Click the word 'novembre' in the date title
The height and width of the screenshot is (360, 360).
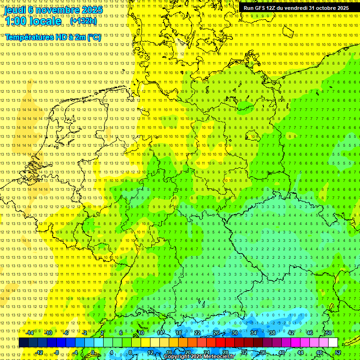point(55,10)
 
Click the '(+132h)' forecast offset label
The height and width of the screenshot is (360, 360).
point(83,21)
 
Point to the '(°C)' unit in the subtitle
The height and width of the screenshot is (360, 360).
point(94,37)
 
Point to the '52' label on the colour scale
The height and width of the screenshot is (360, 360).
point(338,352)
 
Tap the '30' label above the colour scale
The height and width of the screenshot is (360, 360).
point(234,333)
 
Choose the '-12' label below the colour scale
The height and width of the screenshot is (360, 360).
point(39,352)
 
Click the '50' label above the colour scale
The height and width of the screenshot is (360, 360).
point(328,333)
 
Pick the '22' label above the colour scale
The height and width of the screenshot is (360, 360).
point(197,333)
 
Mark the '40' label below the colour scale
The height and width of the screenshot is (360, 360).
point(281,352)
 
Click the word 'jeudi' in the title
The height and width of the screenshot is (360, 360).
point(15,10)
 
